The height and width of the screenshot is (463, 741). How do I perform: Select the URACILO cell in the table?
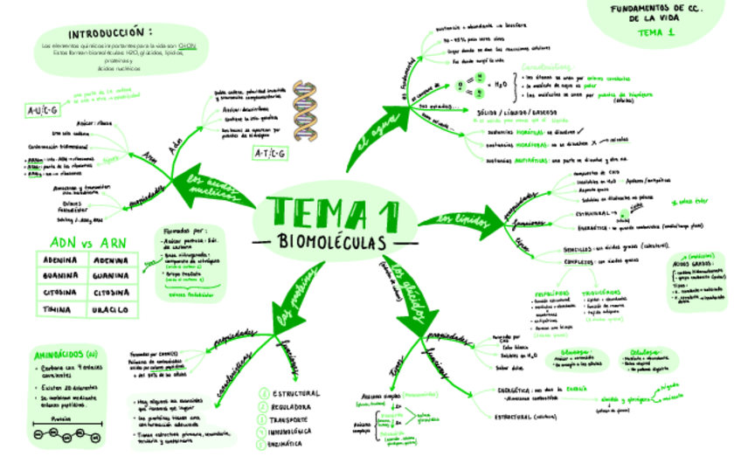click(110, 309)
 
